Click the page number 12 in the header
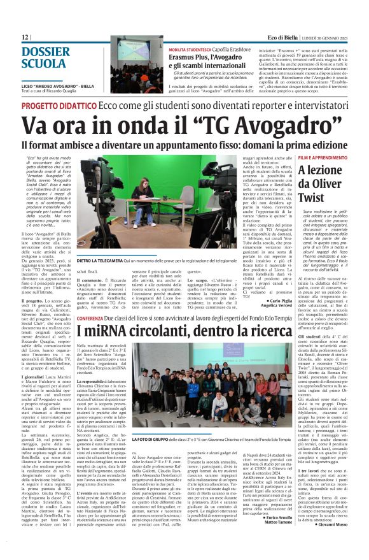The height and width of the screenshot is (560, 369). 24,38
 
